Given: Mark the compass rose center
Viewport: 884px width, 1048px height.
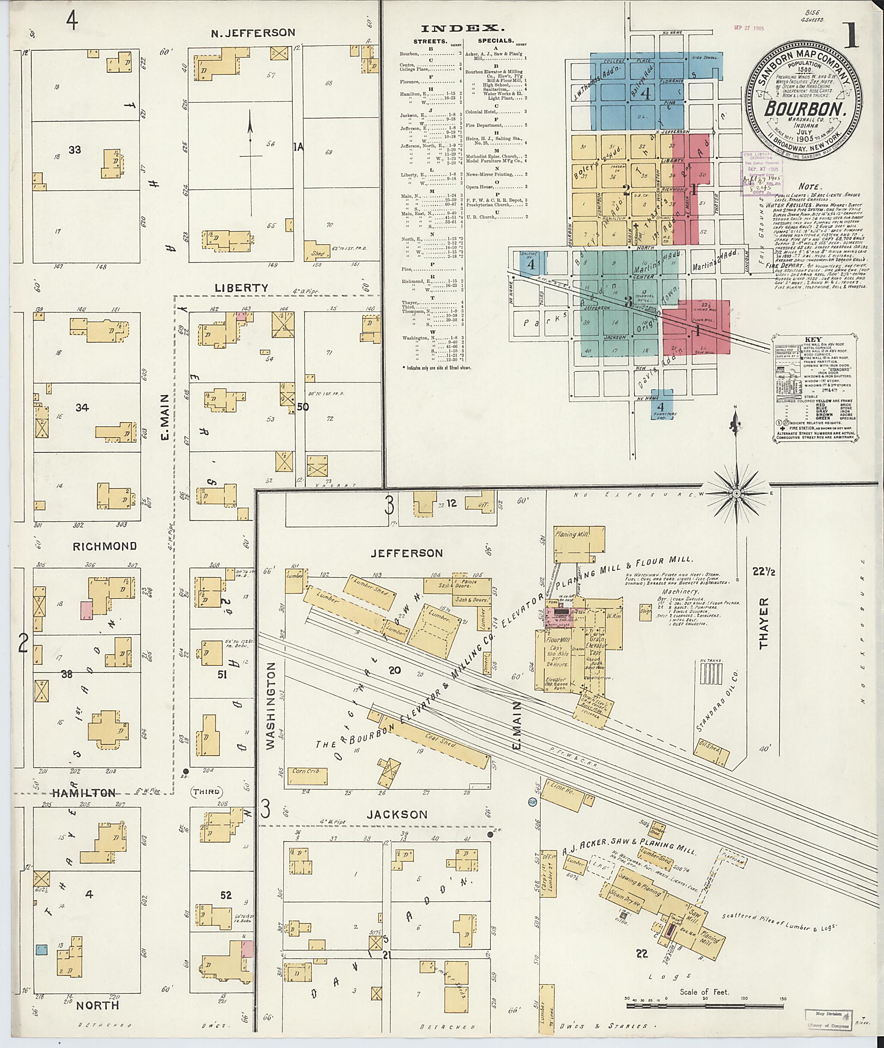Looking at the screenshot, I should click(737, 494).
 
